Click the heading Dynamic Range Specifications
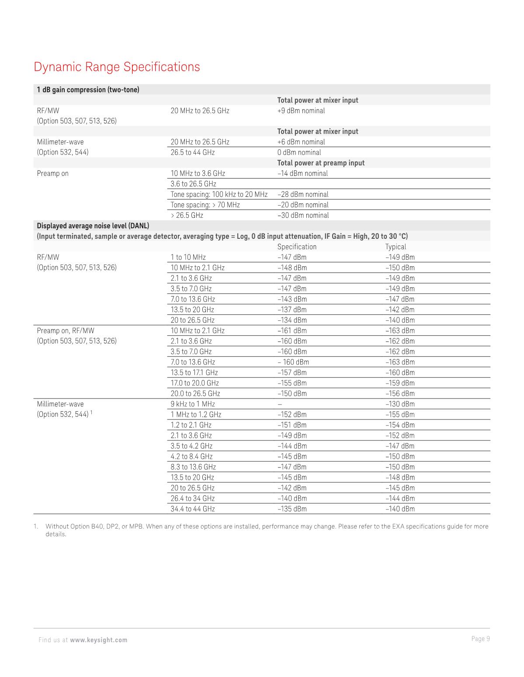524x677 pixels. pyautogui.click(x=117, y=67)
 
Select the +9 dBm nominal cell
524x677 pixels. pyautogui.click(x=301, y=111)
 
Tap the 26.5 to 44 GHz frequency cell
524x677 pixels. pyautogui.click(x=192, y=152)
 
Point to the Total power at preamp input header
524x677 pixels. pyautogui.click(x=321, y=163)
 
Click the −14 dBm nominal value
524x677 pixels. pyautogui.click(x=302, y=173)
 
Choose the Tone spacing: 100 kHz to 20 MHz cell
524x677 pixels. pyautogui.click(x=219, y=194)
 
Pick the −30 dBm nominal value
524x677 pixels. pyautogui.click(x=303, y=215)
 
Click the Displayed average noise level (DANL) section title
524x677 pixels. pyautogui.click(x=93, y=226)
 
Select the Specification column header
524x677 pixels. pyautogui.click(x=297, y=247)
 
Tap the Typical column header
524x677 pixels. pyautogui.click(x=396, y=247)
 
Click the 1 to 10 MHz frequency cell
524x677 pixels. pyautogui.click(x=188, y=257)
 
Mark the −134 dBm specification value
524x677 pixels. pyautogui.click(x=292, y=320)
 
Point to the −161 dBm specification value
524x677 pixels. pyautogui.click(x=292, y=330)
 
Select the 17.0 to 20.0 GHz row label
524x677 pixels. pyautogui.click(x=194, y=383)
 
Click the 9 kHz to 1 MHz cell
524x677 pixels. pyautogui.click(x=193, y=404)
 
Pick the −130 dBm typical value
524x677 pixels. pyautogui.click(x=400, y=404)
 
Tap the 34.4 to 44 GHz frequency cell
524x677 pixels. pyautogui.click(x=193, y=509)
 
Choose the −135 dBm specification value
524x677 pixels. pyautogui.click(x=292, y=509)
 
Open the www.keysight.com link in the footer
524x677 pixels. pyautogui.click(x=99, y=640)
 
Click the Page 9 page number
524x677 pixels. pyautogui.click(x=480, y=639)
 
